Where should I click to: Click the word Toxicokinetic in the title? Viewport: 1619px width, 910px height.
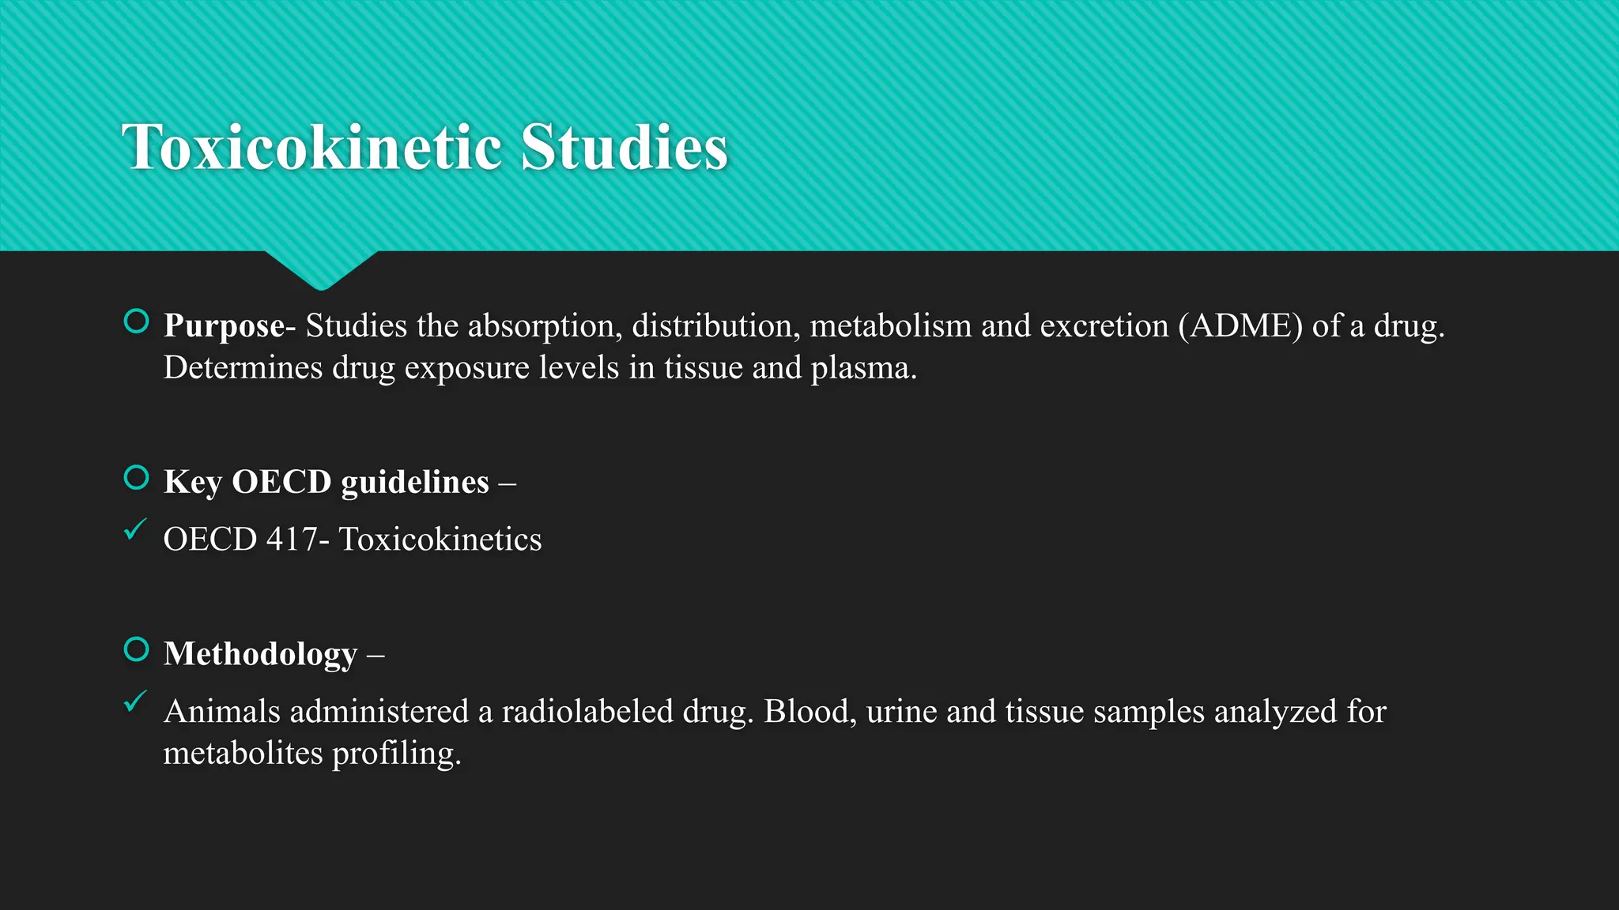coord(312,148)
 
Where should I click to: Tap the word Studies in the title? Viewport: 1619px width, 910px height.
coord(624,148)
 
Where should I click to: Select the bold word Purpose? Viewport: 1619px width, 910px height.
coord(224,325)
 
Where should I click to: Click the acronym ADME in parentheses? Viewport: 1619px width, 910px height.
coord(1240,325)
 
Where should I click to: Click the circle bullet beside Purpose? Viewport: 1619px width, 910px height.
coord(137,322)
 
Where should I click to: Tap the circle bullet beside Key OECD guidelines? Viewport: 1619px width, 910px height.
coord(137,478)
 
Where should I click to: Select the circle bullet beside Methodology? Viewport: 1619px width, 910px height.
coord(137,649)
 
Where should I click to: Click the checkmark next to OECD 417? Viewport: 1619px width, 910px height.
coord(135,529)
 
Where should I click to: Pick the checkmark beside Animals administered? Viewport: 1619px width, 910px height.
coord(135,701)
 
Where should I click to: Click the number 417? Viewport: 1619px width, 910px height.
coord(292,540)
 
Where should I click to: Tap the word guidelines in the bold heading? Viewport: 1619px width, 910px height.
coord(415,482)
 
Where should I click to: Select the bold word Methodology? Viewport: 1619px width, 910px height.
coord(260,654)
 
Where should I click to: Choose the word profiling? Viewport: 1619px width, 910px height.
coord(396,754)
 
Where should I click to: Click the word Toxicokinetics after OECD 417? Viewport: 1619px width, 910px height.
coord(440,540)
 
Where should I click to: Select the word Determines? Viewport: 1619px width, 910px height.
coord(243,368)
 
